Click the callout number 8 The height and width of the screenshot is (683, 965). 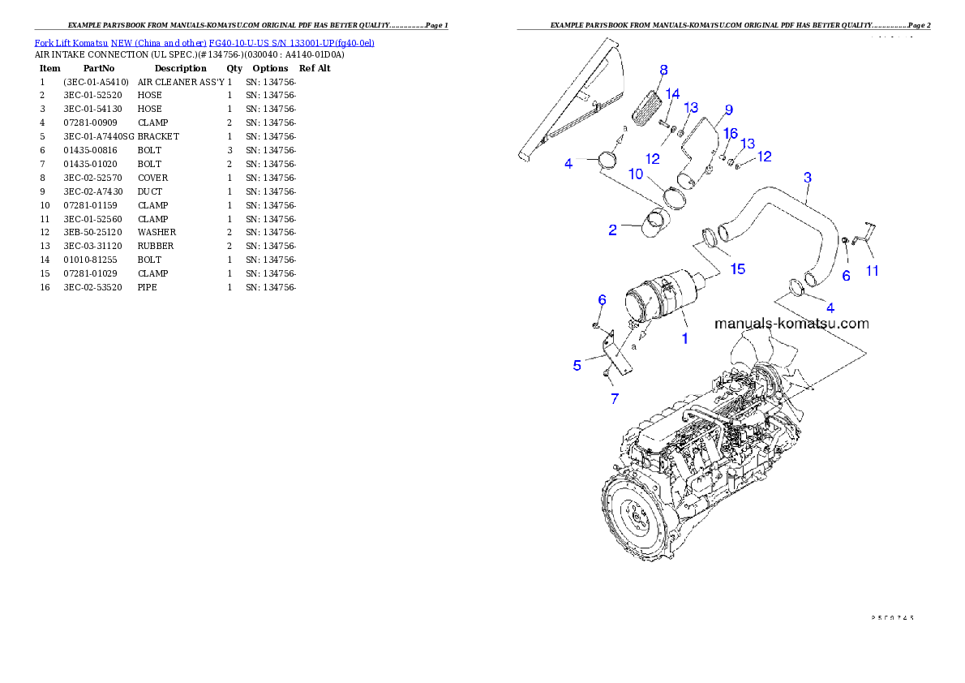[x=663, y=71]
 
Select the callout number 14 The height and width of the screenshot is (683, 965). [x=672, y=94]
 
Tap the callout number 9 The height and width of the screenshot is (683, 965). [x=728, y=110]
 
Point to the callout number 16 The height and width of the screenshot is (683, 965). [x=730, y=133]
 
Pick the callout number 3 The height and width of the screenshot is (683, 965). [x=807, y=177]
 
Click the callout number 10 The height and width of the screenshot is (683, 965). [x=635, y=174]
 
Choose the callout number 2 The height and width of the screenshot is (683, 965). [x=613, y=230]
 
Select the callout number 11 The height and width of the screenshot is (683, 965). [x=871, y=271]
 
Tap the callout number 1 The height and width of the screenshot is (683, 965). [x=684, y=338]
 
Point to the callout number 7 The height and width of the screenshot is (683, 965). [x=614, y=398]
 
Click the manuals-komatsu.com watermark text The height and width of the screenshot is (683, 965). [x=791, y=324]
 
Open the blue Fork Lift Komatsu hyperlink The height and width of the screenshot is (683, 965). [x=204, y=42]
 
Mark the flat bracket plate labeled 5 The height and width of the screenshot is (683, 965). [x=621, y=355]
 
